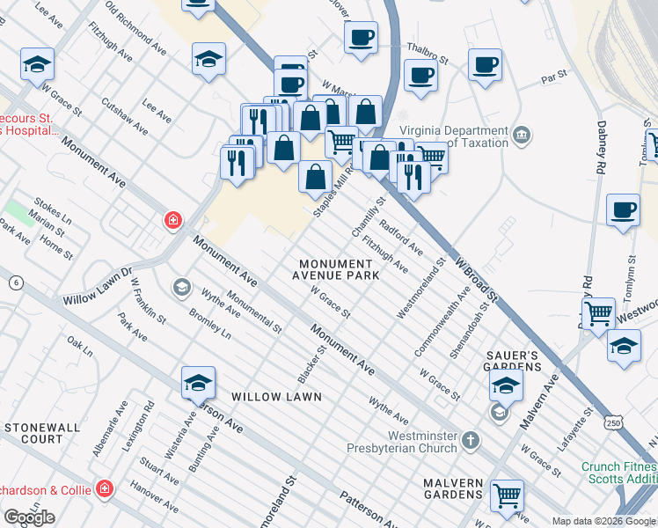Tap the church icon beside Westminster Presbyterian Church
[471, 439]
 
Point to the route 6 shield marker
[15, 282]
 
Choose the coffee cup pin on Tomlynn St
[623, 209]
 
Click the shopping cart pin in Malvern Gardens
[507, 496]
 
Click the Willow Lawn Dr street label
[96, 288]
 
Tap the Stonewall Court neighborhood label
[33, 432]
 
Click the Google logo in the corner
[29, 517]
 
